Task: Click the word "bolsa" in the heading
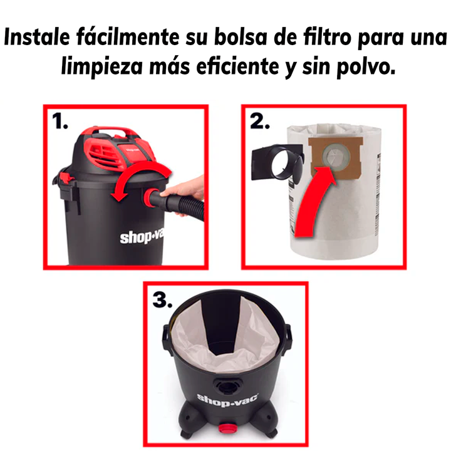[241, 38]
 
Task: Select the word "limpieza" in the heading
[102, 67]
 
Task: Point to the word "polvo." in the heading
[366, 67]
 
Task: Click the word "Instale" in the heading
[37, 37]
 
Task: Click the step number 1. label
[60, 121]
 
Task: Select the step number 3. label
[162, 299]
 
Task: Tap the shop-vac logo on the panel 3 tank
[227, 400]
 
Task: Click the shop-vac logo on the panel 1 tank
[142, 237]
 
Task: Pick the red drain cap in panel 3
[226, 428]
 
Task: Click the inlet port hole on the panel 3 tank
[227, 386]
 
